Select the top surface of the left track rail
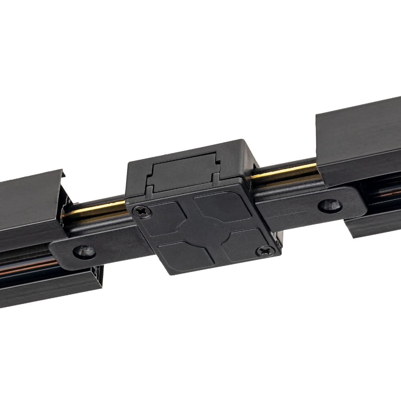click(x=27, y=197)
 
